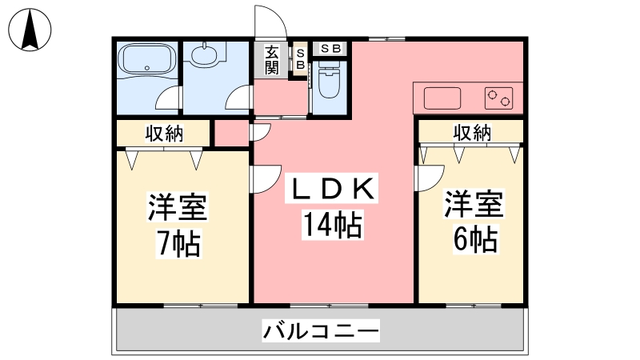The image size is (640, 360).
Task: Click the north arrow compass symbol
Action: (30, 30)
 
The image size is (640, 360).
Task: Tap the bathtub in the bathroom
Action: (147, 60)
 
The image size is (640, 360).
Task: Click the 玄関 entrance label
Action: (271, 60)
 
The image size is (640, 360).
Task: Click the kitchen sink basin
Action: (442, 98)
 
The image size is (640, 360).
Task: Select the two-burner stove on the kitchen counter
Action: (498, 98)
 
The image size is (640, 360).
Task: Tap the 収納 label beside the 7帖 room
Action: (165, 133)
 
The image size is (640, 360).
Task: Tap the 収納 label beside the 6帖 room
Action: (472, 132)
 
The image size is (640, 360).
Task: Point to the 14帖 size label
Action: (332, 225)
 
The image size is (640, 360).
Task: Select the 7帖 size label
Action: (179, 244)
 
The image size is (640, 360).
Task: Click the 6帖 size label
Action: (475, 239)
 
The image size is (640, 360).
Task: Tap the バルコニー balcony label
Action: (321, 330)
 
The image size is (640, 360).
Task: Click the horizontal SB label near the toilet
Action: (330, 49)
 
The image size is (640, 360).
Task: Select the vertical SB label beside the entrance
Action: (301, 59)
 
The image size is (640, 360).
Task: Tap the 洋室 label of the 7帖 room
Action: (178, 206)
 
